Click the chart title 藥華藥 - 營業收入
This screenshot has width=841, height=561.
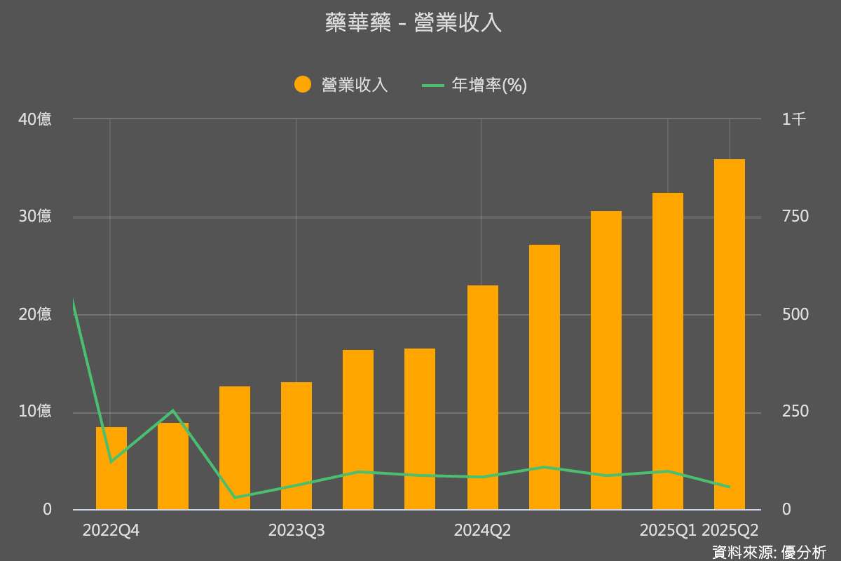coord(413,22)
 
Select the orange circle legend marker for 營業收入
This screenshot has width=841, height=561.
coord(302,85)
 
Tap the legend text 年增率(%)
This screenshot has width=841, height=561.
coord(488,85)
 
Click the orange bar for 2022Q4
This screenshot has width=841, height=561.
coord(111,468)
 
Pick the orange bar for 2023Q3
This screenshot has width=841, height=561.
coord(296,445)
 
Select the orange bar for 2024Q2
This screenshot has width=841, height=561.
coord(482,397)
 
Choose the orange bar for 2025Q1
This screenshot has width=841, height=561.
coord(667,351)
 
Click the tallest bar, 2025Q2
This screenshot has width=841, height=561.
coord(729,334)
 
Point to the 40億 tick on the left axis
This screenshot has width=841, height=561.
coord(35,119)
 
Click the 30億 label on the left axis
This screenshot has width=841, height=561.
coord(35,217)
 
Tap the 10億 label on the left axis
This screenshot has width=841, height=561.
coord(35,412)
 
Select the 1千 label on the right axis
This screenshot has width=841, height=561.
coord(794,119)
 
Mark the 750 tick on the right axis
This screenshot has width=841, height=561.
coord(795,217)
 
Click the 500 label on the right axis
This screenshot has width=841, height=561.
coord(795,314)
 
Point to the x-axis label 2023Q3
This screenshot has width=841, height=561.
coord(296,531)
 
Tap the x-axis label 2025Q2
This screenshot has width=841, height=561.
coord(730,531)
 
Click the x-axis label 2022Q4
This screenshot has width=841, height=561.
coord(111,531)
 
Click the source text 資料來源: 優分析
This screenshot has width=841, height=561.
coord(769,552)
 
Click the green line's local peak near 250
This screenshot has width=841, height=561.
coord(173,411)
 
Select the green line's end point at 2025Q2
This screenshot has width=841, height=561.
coord(729,487)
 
